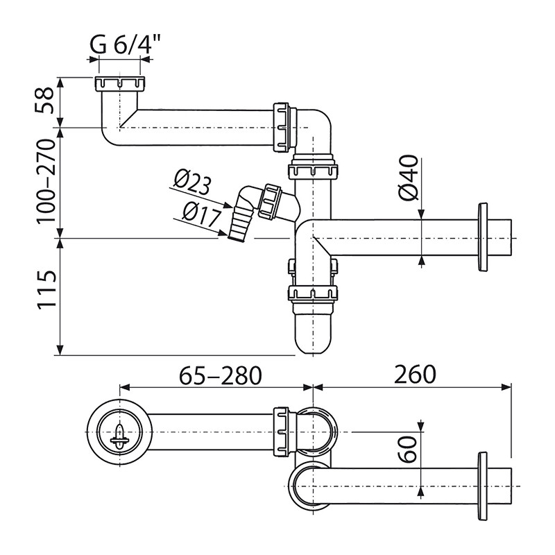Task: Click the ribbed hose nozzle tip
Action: [x=236, y=229]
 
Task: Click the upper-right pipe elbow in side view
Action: [x=316, y=128]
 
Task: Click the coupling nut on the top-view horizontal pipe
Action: [x=282, y=432]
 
